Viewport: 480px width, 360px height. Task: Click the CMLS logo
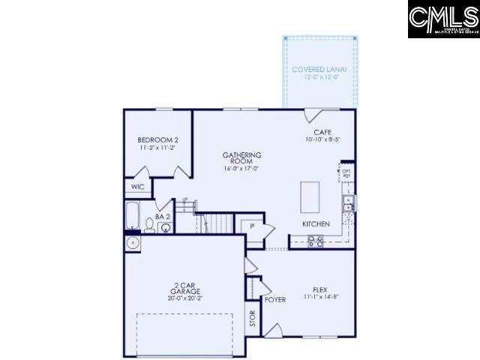coord(443,19)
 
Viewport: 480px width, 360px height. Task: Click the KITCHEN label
coord(315,224)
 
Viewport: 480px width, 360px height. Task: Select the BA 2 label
coord(163,217)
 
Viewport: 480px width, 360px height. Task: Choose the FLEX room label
coord(321,289)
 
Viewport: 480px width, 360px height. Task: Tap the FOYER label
coord(274,300)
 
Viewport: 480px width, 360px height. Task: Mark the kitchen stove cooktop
coord(316,241)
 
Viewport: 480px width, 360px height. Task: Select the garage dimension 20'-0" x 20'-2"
coord(184,298)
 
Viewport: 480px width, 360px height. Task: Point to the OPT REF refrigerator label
coord(346,173)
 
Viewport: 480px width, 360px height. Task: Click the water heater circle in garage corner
coord(133,244)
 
